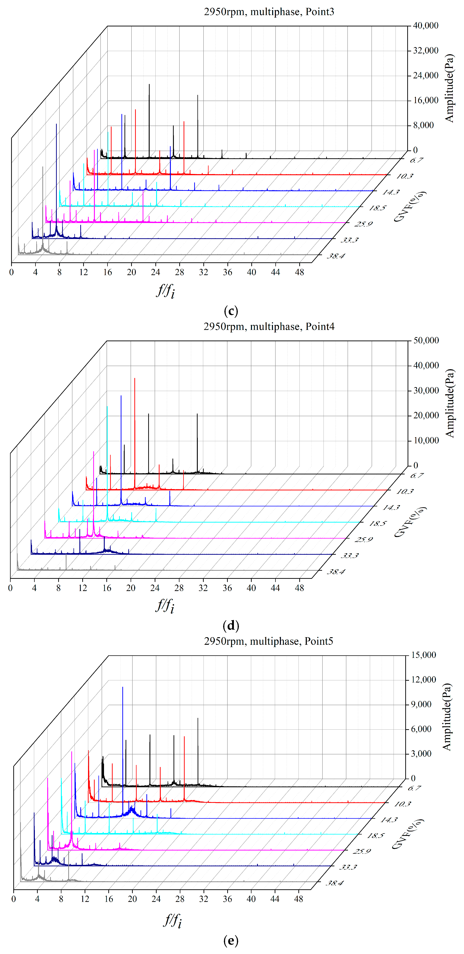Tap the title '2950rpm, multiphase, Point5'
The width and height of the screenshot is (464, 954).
point(269,641)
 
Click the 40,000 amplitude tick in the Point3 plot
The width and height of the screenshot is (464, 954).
point(426,26)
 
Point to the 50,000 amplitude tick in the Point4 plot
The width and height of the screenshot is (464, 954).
point(426,340)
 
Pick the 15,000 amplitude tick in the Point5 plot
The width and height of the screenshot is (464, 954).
point(424,655)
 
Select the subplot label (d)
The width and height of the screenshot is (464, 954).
point(231,626)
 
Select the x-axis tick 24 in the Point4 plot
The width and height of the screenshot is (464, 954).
point(155,588)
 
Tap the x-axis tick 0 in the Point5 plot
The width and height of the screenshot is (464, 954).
point(14,899)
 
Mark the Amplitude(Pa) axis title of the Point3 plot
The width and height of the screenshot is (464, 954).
point(449,88)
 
